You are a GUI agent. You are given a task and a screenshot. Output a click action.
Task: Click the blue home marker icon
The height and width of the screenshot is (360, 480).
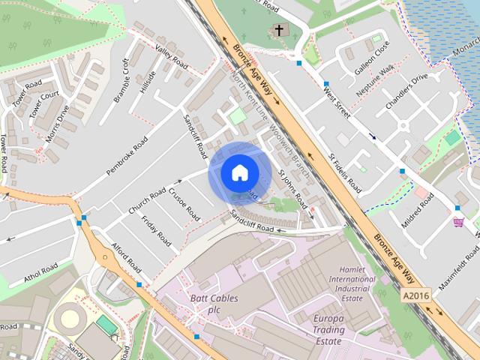click(x=239, y=172)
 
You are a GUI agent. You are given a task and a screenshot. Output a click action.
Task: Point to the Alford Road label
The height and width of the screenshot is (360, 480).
click(x=126, y=257)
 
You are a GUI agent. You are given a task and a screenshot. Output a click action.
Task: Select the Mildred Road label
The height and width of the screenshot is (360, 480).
click(x=418, y=212)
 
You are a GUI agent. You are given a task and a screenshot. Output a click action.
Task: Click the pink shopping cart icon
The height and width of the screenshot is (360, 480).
click(x=458, y=222)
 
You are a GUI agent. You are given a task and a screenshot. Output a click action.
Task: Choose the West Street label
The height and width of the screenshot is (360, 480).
click(x=337, y=103)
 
